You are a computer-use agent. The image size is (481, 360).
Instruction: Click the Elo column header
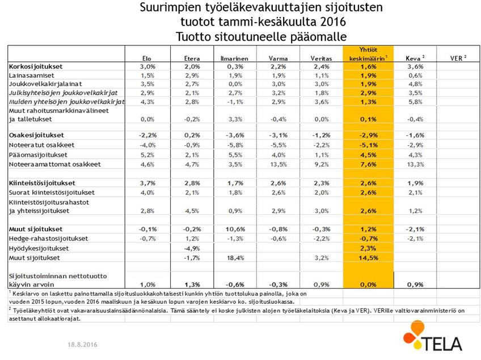pos(147,58)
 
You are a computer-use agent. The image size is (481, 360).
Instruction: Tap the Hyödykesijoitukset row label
pos(39,248)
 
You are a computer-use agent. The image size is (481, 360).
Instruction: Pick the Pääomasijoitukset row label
pos(38,154)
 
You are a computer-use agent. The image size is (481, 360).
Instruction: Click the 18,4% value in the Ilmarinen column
pos(234,259)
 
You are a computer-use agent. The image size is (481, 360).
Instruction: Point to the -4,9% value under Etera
pos(192,248)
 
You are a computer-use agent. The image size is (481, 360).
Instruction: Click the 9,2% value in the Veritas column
pos(321,164)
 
